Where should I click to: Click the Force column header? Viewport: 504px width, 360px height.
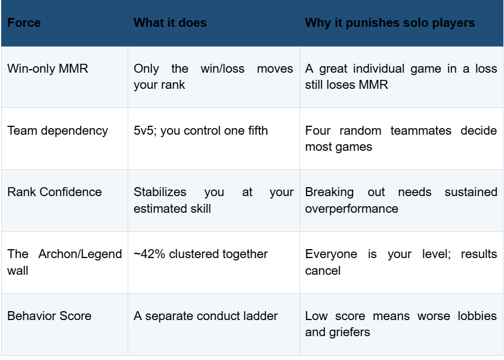point(24,23)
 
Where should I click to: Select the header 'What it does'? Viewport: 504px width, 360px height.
point(170,23)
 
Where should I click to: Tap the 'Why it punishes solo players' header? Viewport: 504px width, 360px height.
point(390,23)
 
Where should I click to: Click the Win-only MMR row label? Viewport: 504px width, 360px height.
point(48,69)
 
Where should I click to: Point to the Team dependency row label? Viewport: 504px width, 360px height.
point(57,131)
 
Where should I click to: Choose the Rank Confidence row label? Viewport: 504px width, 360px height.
point(54,192)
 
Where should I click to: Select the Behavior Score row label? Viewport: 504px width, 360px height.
point(49,316)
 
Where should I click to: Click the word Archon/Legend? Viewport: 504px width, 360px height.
point(80,255)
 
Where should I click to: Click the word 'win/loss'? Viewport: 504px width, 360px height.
point(222,69)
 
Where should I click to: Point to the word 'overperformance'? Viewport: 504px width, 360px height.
point(352,209)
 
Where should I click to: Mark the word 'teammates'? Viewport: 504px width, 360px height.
point(420,131)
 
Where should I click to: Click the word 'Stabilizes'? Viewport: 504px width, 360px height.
point(160,192)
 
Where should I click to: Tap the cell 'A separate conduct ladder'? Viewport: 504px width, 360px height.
point(206,316)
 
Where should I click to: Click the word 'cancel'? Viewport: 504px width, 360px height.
point(323,271)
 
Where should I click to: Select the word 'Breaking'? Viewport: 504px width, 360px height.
point(329,192)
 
